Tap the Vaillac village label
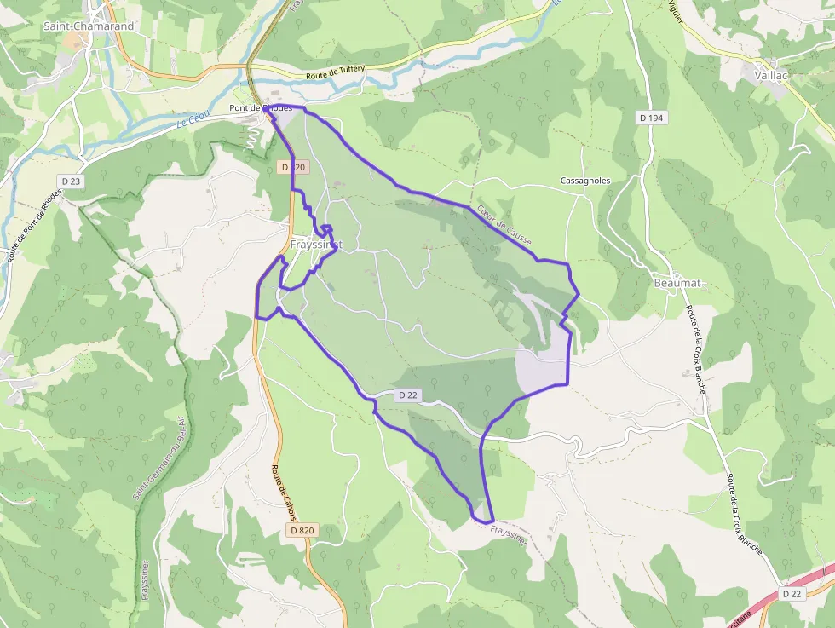[x=772, y=75]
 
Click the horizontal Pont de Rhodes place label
[x=261, y=108]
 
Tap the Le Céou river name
[x=193, y=122]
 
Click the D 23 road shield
[x=71, y=181]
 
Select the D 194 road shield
[x=651, y=118]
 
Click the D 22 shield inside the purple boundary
[x=408, y=395]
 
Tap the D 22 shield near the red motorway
[x=792, y=594]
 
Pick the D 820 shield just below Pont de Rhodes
[x=292, y=168]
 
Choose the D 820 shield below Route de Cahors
[x=301, y=530]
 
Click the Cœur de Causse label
[x=504, y=226]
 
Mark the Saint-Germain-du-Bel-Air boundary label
[x=158, y=458]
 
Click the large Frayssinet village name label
[x=316, y=245]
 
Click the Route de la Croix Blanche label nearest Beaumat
[x=696, y=349]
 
